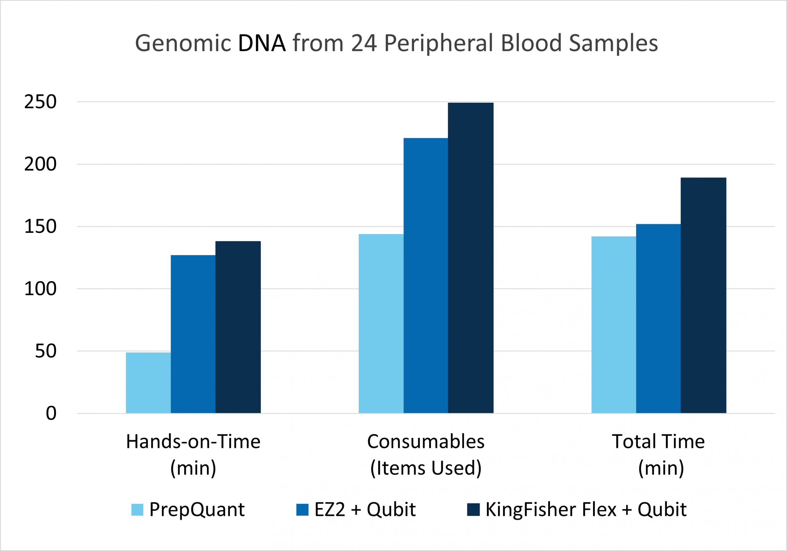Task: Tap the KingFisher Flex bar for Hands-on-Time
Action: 238,327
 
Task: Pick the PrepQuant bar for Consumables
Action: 381,324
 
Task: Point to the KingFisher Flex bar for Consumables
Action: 470,258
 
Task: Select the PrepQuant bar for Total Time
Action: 614,325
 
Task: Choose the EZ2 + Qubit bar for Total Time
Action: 658,318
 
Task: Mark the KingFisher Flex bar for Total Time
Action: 703,295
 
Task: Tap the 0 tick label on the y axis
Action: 51,413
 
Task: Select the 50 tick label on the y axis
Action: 45,351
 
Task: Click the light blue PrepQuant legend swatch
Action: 137,510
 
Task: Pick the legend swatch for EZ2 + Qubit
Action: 302,510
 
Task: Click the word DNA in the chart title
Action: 262,43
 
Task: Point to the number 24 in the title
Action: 364,43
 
